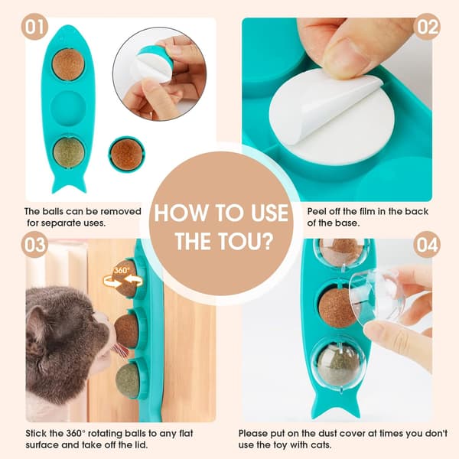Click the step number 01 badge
point(34,27)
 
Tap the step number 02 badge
point(427,27)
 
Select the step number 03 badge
point(34,245)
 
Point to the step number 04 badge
point(427,245)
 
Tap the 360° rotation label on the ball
point(122,270)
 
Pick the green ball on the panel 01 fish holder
point(69,152)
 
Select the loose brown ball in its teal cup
point(126,155)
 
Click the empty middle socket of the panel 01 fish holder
point(68,108)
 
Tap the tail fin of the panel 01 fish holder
point(69,184)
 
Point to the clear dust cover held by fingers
point(376,295)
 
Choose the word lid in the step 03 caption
point(141,445)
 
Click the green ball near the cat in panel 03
point(128,380)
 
